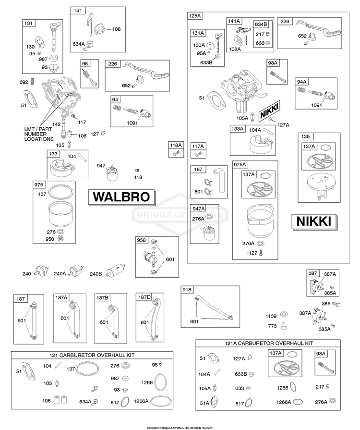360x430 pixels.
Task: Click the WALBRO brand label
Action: [x=121, y=197]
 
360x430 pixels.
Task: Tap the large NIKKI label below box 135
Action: [x=314, y=221]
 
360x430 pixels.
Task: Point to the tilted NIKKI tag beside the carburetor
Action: [x=270, y=110]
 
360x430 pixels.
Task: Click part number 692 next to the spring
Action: [x=24, y=82]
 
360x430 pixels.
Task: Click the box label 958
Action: [x=141, y=240]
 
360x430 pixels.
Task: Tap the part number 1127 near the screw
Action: [x=252, y=253]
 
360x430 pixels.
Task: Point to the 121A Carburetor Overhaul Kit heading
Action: [x=269, y=344]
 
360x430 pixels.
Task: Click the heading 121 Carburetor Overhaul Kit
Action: [x=92, y=355]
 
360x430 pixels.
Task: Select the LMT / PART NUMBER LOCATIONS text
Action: [x=39, y=134]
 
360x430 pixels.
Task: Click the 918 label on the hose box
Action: [x=187, y=290]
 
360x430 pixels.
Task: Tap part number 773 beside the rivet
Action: [x=272, y=326]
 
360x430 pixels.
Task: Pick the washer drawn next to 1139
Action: [x=284, y=314]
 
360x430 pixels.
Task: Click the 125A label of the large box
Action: [x=195, y=16]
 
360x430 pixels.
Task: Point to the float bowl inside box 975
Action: [x=60, y=213]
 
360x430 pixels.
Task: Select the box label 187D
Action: [x=144, y=297]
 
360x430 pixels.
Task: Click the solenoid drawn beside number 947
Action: [x=112, y=173]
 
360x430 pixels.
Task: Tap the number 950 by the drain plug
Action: [x=49, y=239]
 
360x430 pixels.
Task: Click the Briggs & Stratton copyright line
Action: [x=180, y=428]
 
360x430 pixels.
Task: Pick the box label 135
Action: [x=305, y=136]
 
